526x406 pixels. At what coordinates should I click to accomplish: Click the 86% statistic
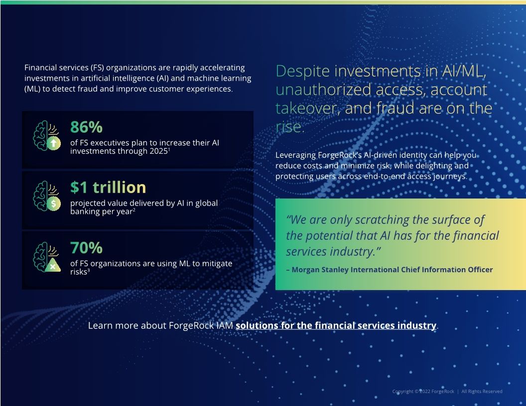(x=86, y=127)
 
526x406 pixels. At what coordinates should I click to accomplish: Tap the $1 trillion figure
(x=108, y=187)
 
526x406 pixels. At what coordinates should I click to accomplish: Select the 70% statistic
(x=86, y=247)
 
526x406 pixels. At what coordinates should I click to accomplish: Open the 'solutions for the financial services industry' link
(x=336, y=325)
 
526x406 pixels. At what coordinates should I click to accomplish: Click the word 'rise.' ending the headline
(x=289, y=127)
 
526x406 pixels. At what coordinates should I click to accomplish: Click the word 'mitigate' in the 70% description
(x=214, y=263)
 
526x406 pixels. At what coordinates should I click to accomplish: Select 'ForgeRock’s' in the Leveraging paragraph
(x=338, y=155)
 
